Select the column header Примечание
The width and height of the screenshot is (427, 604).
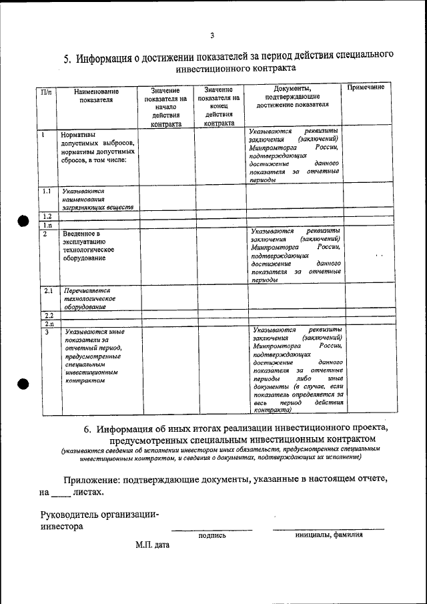coord(366,88)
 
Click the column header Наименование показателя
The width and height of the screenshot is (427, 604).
coord(96,95)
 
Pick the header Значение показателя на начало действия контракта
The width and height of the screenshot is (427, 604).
coord(165,106)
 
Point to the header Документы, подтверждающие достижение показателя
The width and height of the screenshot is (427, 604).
coord(293,95)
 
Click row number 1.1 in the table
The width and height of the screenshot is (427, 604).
coord(47,191)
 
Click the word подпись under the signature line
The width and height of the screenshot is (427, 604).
coord(212,535)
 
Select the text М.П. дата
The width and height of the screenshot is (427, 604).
coord(152,545)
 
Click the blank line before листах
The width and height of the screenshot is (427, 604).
coord(60,494)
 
